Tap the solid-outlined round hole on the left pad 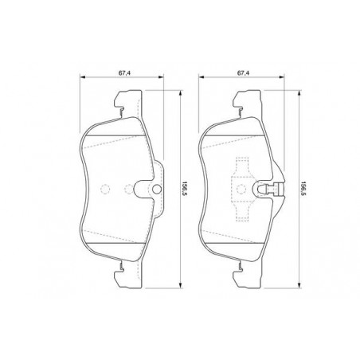(157, 189)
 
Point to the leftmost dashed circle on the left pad (105, 189)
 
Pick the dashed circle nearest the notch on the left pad (129, 189)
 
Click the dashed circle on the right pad (241, 189)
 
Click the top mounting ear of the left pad (128, 102)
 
